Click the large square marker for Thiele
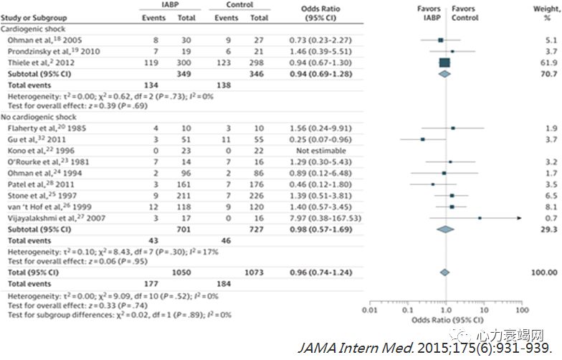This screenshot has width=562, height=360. (444, 62)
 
